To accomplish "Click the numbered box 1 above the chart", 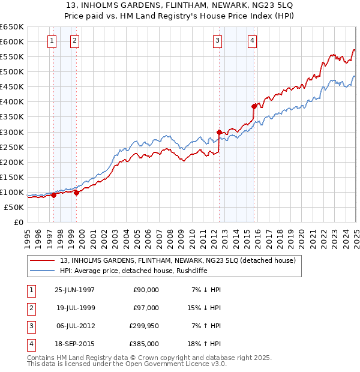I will (x=52, y=41).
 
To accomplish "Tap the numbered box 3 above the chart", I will (x=217, y=41).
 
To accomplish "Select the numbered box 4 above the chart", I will (x=253, y=41).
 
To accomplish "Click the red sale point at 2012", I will (x=219, y=132).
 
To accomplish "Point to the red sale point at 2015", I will (x=254, y=106).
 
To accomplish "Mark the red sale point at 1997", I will (x=54, y=195).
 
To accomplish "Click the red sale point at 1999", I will (x=77, y=193).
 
